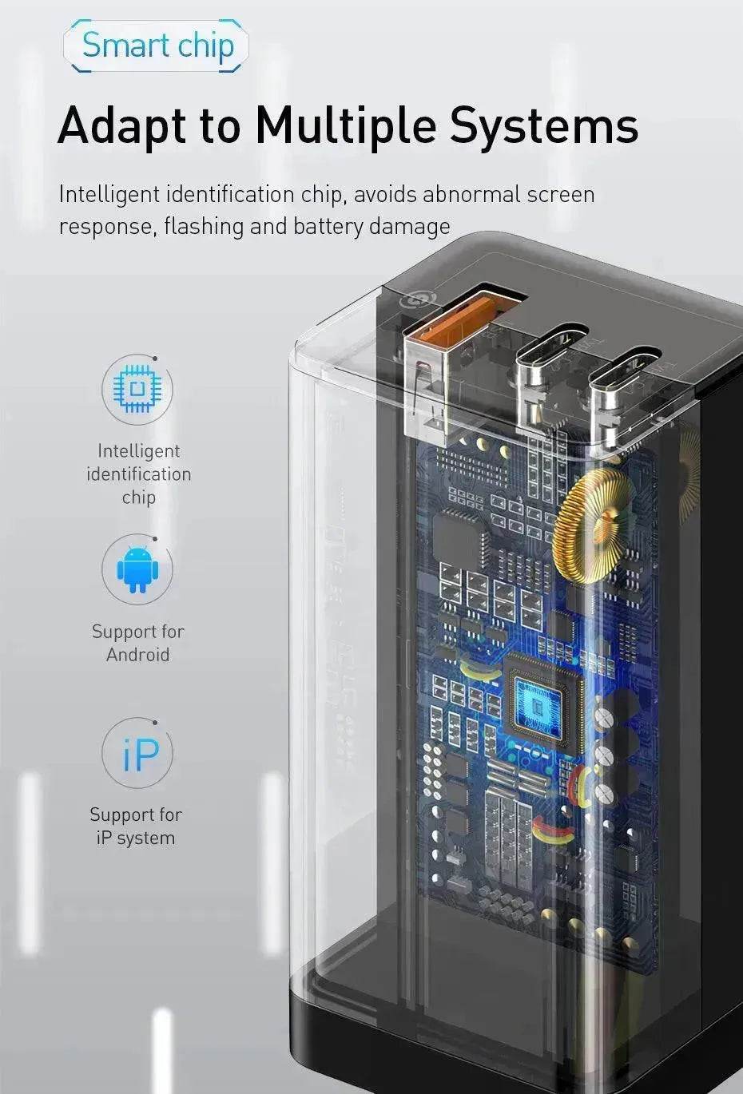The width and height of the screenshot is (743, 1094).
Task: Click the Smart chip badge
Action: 156,46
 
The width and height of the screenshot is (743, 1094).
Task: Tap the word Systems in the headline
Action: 544,125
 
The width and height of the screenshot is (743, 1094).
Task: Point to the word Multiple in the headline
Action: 346,125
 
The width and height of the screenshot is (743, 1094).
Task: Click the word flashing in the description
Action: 203,227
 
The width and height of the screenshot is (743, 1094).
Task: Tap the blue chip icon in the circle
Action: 137,389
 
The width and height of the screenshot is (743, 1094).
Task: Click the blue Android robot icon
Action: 137,569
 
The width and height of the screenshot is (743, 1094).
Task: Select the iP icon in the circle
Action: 141,754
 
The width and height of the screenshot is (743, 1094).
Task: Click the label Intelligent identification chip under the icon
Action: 139,474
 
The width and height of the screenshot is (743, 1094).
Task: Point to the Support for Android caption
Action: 137,643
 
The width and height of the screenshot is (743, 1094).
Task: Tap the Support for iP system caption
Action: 136,826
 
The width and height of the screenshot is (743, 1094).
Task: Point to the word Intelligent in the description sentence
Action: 109,195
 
